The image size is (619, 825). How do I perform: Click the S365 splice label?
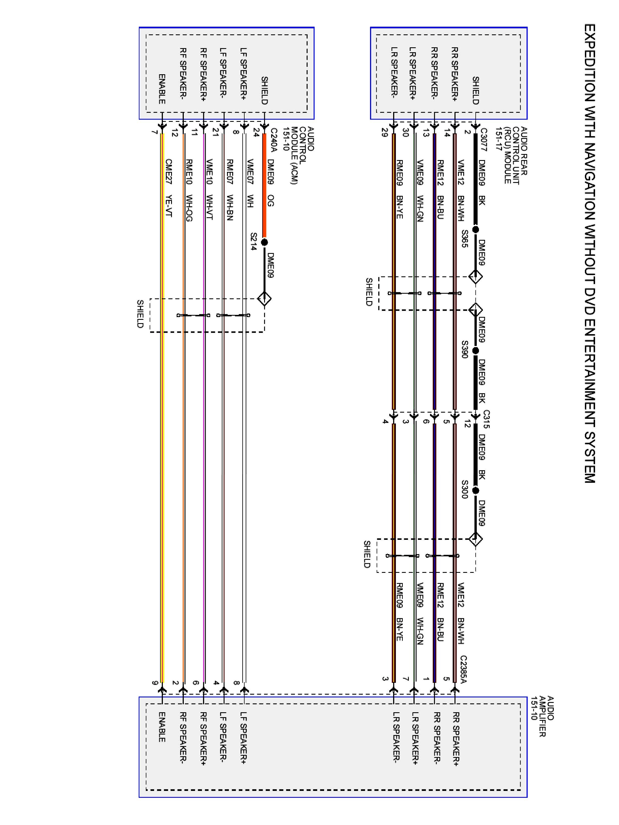point(465,239)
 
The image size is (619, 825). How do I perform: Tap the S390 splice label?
point(465,349)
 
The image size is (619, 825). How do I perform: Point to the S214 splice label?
point(254,241)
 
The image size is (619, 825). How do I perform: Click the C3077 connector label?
point(484,140)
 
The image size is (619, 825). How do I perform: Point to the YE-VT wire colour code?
point(169,206)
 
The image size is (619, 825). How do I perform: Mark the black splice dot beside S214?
point(265,243)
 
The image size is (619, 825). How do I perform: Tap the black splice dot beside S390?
point(475,351)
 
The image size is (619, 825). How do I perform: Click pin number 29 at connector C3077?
point(385,132)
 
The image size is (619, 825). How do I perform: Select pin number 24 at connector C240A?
point(256,132)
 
